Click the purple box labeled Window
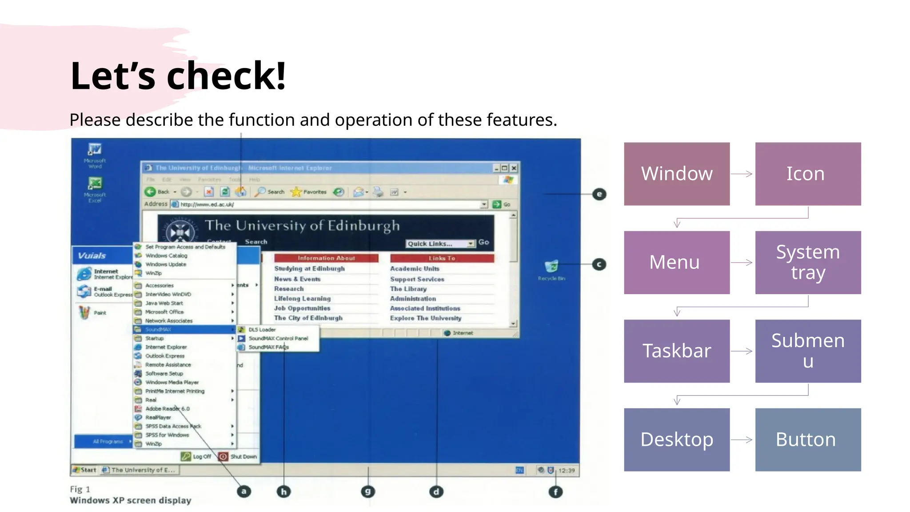coord(676,174)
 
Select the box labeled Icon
coord(807,174)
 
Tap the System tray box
coord(807,262)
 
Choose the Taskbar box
coord(676,351)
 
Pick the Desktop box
coord(676,439)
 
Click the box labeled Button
coord(807,439)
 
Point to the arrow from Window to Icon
coord(742,174)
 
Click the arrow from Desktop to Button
coord(742,440)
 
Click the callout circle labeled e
coord(599,194)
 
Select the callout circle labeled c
coord(599,264)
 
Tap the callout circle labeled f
coord(555,492)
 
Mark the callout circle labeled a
coord(243,492)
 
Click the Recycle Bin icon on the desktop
coord(551,267)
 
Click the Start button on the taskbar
coord(85,470)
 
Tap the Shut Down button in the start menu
coord(238,456)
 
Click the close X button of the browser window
coord(514,168)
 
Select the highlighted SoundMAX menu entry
coord(184,329)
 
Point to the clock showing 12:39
coord(567,470)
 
